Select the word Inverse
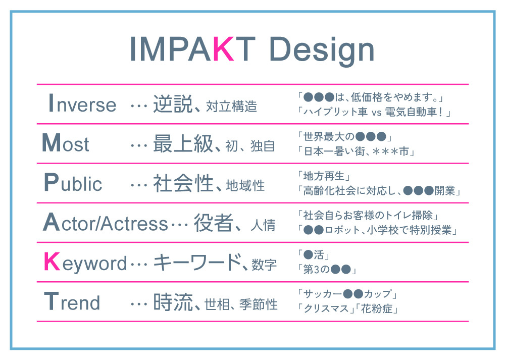82,103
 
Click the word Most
65,143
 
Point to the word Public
73,182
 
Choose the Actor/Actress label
106,222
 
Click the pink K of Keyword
52,262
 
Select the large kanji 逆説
173,104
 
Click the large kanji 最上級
183,143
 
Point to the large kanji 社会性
183,183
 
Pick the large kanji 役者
213,223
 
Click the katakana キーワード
197,262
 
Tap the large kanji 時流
173,302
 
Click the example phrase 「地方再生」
324,176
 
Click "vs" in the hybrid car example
376,113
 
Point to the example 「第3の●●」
327,269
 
